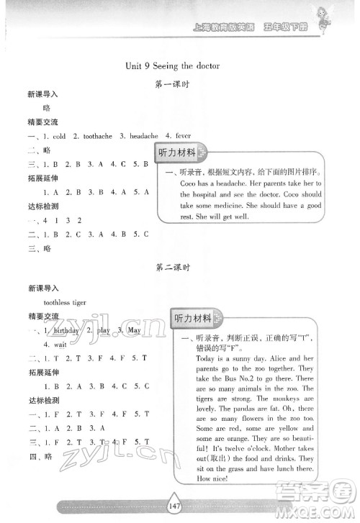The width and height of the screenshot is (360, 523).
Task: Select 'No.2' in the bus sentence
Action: (249, 378)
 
